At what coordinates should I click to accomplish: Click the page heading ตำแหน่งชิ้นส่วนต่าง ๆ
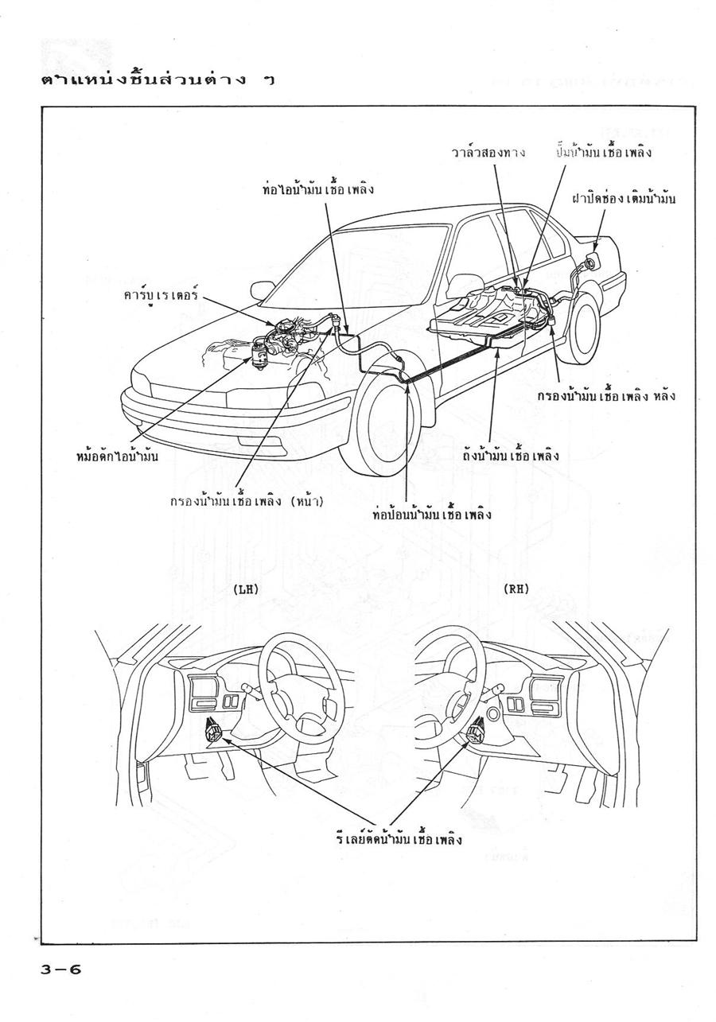pyautogui.click(x=158, y=80)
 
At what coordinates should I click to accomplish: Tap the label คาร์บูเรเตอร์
pyautogui.click(x=161, y=295)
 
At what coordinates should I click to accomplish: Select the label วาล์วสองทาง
pyautogui.click(x=488, y=152)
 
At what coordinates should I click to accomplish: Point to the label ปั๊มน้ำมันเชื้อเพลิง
pyautogui.click(x=602, y=152)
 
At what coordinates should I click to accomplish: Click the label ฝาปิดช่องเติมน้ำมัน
pyautogui.click(x=624, y=199)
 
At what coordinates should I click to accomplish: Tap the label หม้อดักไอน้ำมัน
pyautogui.click(x=118, y=456)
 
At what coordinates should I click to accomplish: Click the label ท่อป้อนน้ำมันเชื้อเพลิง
pyautogui.click(x=432, y=515)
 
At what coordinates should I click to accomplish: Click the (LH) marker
pyautogui.click(x=246, y=589)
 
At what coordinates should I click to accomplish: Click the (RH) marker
pyautogui.click(x=516, y=589)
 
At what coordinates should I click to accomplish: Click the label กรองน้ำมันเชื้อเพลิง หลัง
pyautogui.click(x=606, y=395)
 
